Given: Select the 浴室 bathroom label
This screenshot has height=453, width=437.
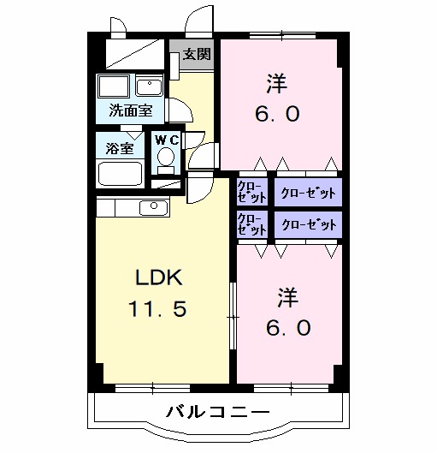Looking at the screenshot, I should tap(119, 147).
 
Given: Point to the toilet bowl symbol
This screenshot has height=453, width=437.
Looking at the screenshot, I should tap(165, 159).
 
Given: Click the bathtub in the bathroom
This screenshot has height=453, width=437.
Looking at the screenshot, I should tap(120, 172).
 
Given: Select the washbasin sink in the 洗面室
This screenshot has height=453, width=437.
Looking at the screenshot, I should tap(149, 87).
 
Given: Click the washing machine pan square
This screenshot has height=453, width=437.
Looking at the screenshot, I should tap(112, 86).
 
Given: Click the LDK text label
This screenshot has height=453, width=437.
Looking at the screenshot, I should tap(156, 277).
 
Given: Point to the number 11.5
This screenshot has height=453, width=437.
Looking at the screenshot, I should tap(156, 307).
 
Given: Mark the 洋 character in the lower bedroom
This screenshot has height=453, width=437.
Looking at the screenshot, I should tap(287, 296).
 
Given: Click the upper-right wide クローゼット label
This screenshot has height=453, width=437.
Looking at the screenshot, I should tap(308, 192).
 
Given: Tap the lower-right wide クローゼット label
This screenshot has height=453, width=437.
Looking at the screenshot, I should tap(308, 224).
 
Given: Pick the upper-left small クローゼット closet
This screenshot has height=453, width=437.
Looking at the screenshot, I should tap(251, 191).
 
